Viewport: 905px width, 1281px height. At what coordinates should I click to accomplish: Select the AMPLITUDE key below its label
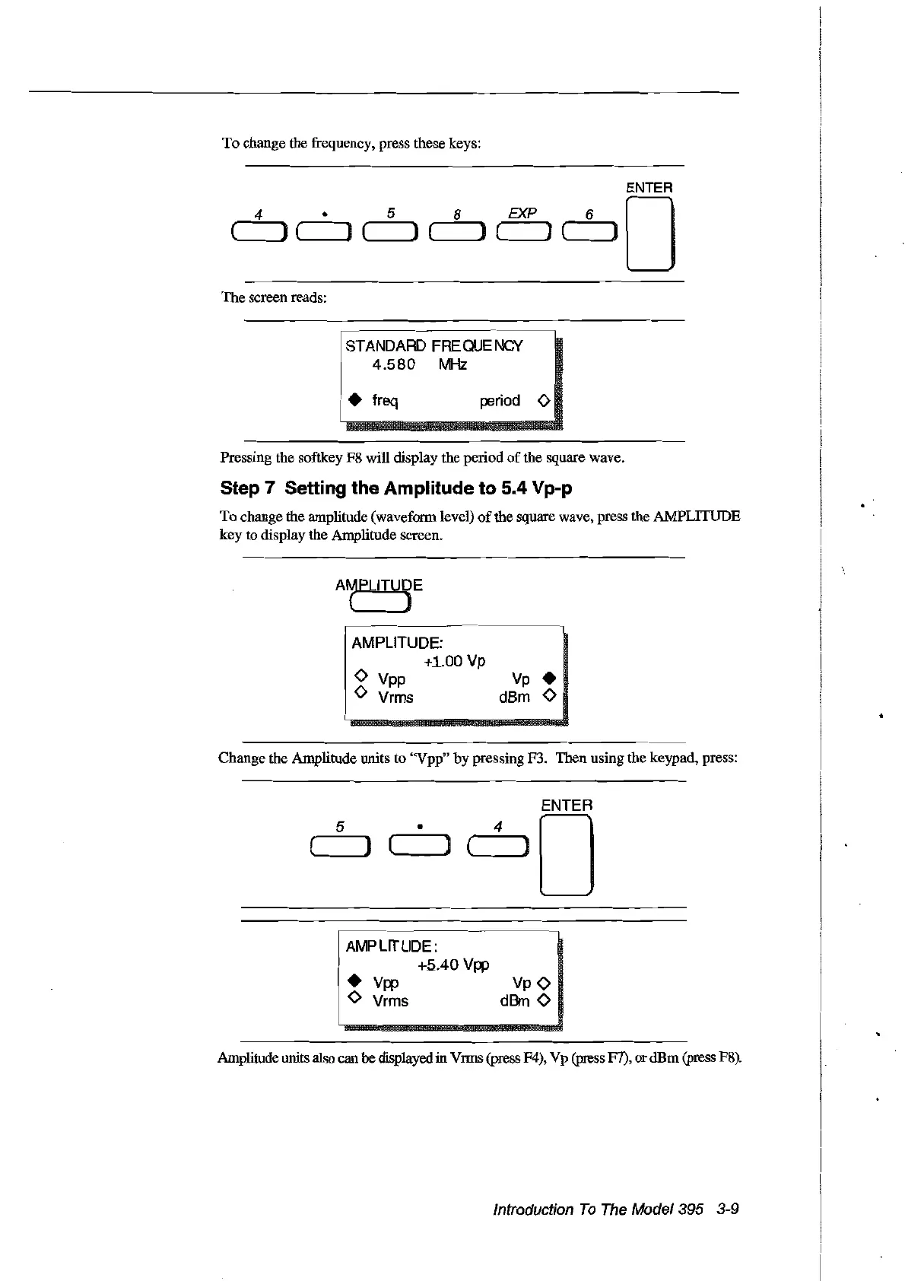[x=379, y=604]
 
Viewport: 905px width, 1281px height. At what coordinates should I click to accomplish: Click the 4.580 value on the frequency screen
[x=393, y=365]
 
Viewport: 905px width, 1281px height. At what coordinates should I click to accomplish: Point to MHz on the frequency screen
[x=452, y=365]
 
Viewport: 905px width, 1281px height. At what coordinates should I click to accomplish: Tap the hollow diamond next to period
[x=543, y=400]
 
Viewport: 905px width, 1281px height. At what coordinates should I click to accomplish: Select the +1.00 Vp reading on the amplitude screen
[x=454, y=661]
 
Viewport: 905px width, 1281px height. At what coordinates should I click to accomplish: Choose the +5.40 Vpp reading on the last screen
[x=453, y=965]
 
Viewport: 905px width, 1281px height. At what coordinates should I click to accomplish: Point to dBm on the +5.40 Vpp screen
[x=514, y=1001]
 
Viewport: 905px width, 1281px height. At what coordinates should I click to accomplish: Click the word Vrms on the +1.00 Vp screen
[x=395, y=697]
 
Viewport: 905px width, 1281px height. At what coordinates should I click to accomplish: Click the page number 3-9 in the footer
[x=727, y=1209]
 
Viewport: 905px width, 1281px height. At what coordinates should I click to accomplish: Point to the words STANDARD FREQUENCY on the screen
[x=433, y=346]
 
